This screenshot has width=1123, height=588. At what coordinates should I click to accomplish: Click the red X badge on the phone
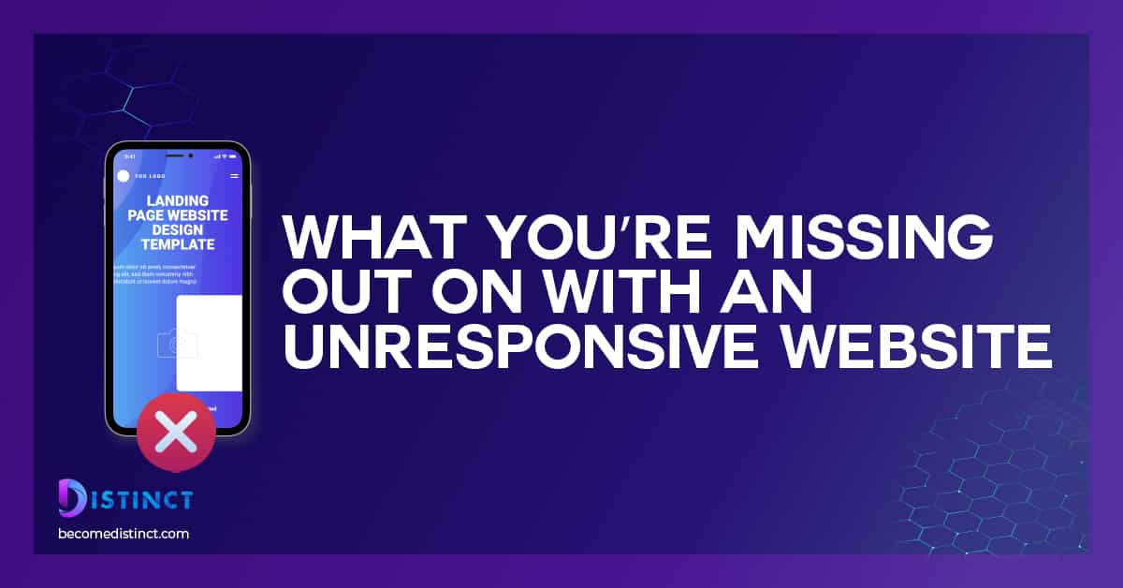point(175,432)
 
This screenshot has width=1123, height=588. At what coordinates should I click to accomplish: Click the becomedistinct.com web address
point(124,534)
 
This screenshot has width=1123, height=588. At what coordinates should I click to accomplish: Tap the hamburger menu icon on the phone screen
point(234,176)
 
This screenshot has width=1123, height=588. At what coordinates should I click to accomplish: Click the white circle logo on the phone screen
point(123,176)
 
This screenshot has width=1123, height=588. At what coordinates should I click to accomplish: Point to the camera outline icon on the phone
point(178,344)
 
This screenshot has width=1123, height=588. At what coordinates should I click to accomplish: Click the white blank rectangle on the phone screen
point(209,343)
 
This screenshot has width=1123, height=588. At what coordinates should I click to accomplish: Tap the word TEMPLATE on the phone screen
point(178,244)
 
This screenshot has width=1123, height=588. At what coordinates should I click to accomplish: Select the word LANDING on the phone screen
point(178,200)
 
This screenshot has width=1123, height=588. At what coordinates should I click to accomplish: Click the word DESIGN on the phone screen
point(178,229)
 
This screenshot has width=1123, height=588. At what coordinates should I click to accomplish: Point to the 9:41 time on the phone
point(130,156)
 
